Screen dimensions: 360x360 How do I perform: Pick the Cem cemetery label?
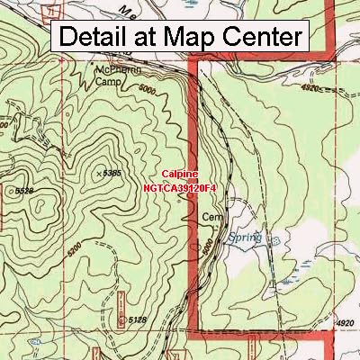(x=211, y=217)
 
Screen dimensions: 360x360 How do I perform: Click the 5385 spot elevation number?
(x=112, y=172)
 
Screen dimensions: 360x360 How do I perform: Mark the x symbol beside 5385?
(x=98, y=170)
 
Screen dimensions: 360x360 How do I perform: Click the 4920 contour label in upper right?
(x=311, y=89)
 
